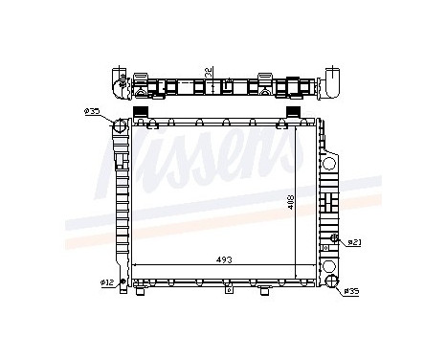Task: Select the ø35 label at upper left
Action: coord(92,113)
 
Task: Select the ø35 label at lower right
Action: coord(352,291)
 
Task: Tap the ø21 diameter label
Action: coord(352,241)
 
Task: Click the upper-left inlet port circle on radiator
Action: coord(120,128)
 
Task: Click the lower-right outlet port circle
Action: coord(330,281)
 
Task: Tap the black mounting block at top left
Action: coord(141,112)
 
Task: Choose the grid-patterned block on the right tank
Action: coord(329,203)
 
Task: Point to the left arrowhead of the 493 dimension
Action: coord(134,265)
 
